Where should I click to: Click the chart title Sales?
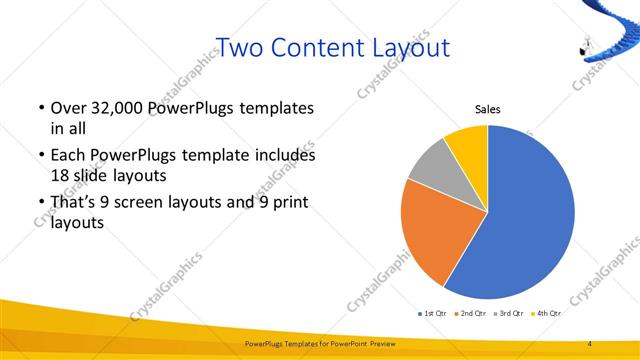(487, 110)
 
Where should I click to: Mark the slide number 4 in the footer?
(589, 344)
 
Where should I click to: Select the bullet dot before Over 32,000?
(39, 108)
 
